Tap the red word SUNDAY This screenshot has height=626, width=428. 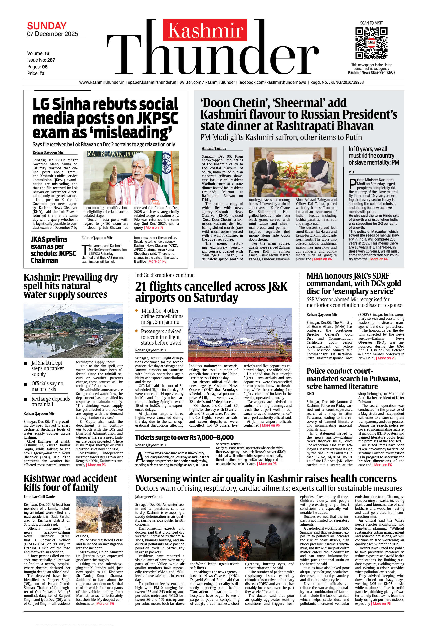[x=47, y=26]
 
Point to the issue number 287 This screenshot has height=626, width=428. [x=51, y=60]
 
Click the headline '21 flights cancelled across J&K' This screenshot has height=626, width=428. [x=211, y=292]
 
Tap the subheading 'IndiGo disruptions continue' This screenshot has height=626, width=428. [x=165, y=275]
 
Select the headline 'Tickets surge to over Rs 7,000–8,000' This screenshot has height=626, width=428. [x=184, y=437]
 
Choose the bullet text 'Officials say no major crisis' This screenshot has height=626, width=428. [x=47, y=386]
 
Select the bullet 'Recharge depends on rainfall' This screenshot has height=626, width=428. [x=50, y=401]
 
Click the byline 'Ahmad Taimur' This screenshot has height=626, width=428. [x=214, y=148]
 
